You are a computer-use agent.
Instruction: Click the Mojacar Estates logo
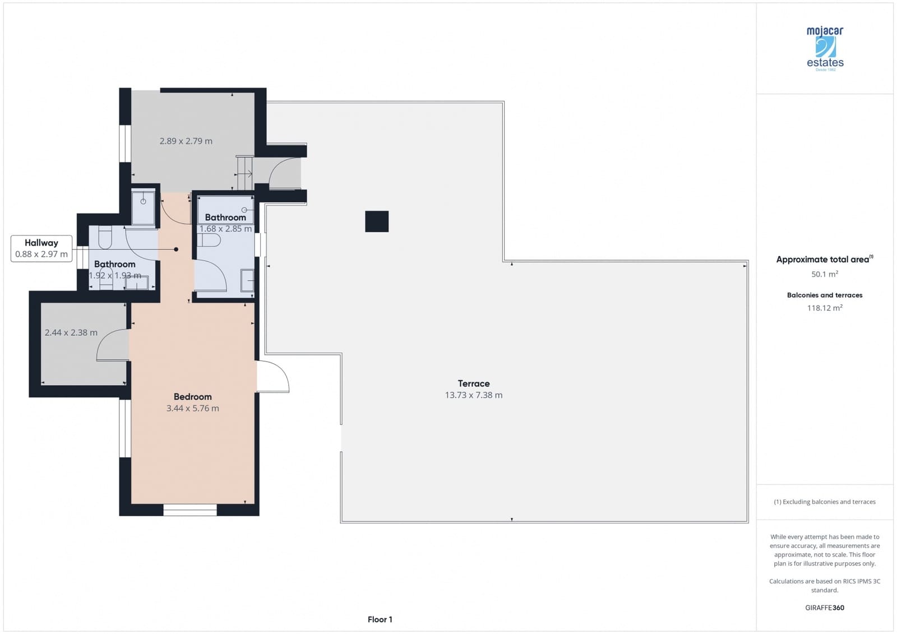coord(825,48)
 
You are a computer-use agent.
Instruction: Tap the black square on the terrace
coord(377,221)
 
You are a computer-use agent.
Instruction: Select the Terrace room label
coord(474,383)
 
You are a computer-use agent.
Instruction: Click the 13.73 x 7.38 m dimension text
coord(474,395)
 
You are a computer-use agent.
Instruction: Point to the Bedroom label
coord(192,397)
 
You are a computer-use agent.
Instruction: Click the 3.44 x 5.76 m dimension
coord(192,409)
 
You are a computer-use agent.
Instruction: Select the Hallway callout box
coord(41,248)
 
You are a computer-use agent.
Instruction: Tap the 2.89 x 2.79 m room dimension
coord(186,141)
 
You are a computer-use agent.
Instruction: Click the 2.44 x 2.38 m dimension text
coord(71,333)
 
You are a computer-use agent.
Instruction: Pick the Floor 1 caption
coord(380,619)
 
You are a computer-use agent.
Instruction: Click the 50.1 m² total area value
coord(824,274)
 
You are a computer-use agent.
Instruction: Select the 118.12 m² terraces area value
coord(824,308)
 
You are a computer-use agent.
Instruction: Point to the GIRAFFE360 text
coord(824,608)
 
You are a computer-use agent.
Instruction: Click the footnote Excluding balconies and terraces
coord(824,502)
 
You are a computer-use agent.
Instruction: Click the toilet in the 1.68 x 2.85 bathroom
coord(209,240)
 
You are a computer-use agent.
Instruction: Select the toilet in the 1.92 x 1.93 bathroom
coord(105,238)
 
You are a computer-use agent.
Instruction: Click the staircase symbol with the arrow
coord(244,173)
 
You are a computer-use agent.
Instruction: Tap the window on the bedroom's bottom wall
coord(190,510)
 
